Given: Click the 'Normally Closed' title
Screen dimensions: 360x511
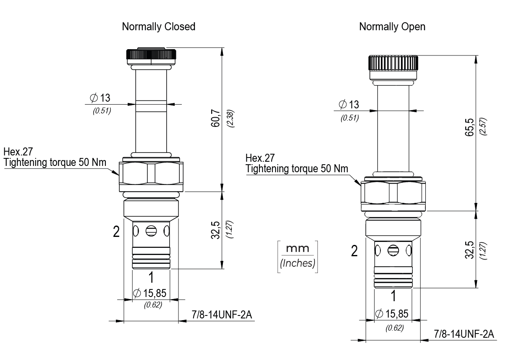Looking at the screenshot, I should (x=158, y=27).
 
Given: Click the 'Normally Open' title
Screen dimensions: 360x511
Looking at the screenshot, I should (x=392, y=27).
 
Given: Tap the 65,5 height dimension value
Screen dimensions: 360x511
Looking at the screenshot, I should (x=471, y=127).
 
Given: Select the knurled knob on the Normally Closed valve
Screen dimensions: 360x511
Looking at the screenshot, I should (x=151, y=55).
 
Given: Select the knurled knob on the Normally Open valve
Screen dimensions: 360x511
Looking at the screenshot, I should (x=393, y=63).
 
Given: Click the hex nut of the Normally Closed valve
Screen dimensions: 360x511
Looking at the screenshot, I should (x=151, y=173).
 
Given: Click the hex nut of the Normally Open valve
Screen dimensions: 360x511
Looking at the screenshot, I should (x=393, y=193).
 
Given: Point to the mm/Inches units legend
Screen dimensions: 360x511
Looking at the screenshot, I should (x=297, y=256).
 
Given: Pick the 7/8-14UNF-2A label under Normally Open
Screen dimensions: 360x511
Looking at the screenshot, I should (x=464, y=334).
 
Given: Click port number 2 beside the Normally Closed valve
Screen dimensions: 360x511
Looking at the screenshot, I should (x=116, y=232).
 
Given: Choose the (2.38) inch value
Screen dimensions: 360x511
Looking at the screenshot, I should (x=230, y=120).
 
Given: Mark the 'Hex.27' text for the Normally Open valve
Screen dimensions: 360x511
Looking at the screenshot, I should (x=260, y=158).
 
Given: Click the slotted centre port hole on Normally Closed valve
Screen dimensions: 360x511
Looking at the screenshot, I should (x=151, y=231).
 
